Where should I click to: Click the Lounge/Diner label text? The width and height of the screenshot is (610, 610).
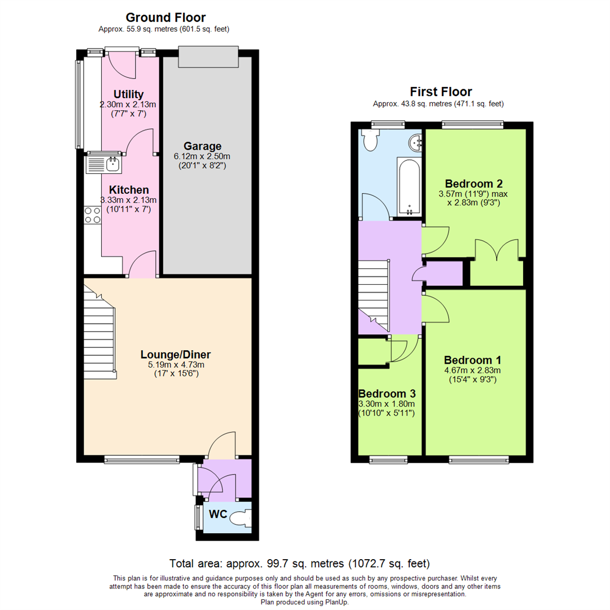[176, 355]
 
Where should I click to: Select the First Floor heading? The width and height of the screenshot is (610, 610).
[441, 92]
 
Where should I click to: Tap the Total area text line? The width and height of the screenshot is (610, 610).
[300, 564]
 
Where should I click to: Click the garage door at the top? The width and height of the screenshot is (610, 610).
[207, 56]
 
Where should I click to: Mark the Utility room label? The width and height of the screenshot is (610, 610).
[128, 94]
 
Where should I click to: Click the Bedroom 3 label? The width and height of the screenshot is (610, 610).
[382, 394]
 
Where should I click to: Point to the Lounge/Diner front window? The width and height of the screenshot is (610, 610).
[142, 460]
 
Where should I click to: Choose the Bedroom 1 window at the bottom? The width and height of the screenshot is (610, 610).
[478, 460]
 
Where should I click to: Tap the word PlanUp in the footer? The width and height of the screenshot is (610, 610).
[335, 603]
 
